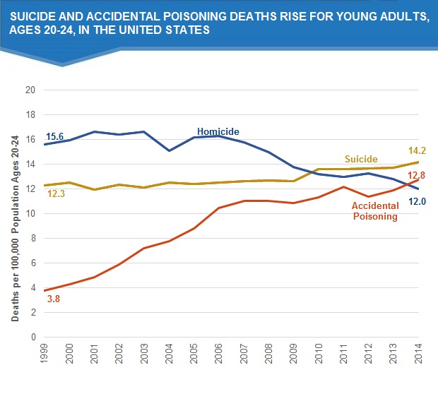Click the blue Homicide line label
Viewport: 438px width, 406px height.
click(218, 131)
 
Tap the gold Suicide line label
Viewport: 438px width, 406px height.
click(360, 160)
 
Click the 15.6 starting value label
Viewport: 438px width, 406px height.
click(54, 136)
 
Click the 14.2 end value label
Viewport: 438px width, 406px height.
click(417, 150)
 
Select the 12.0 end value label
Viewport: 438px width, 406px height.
click(417, 201)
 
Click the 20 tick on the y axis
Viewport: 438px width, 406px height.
click(30, 90)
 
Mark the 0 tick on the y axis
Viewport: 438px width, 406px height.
click(32, 337)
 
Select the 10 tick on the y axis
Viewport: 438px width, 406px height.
click(30, 214)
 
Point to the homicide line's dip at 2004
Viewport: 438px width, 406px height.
click(169, 150)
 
